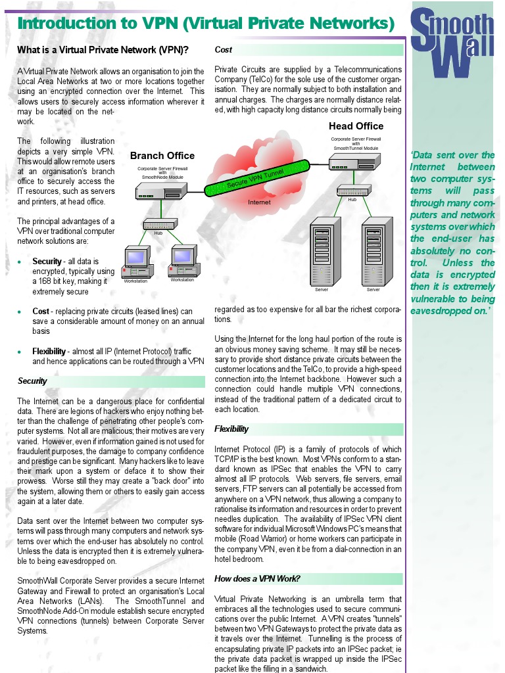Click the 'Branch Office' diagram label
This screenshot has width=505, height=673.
coord(162,156)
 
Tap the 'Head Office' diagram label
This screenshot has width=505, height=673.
coord(356,126)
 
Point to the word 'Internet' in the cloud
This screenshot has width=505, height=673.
coord(258,202)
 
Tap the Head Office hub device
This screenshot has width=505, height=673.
coord(352,191)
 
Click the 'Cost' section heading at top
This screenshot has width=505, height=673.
coord(224,50)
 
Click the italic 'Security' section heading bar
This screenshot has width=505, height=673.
coord(32,381)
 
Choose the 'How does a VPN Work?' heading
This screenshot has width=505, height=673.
coord(257,579)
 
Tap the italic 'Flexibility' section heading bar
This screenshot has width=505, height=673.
coord(231,429)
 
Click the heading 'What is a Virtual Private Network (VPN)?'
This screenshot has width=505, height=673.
coord(103,50)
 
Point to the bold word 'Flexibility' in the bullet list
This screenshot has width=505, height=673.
coord(49,352)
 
